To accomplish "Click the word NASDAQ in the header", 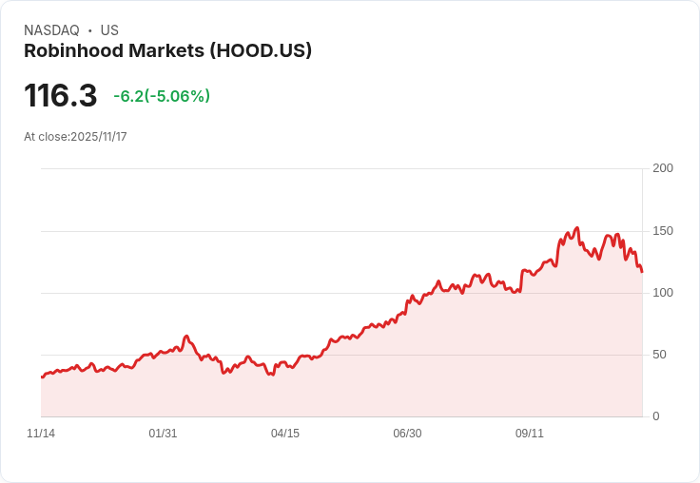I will click(51, 30).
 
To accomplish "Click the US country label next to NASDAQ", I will click(109, 30).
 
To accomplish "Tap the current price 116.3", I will click(60, 96).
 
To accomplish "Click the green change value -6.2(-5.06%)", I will click(162, 96).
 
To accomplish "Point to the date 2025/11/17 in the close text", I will click(99, 137).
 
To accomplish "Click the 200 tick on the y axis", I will click(663, 168).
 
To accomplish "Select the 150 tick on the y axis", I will click(663, 231).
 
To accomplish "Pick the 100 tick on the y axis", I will click(663, 293).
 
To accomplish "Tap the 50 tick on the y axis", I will click(659, 355).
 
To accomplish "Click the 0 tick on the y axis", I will click(656, 416).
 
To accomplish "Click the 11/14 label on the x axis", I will click(41, 434).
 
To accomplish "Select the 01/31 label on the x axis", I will click(163, 434).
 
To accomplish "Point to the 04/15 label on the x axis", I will click(285, 434).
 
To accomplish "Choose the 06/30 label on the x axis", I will click(407, 434).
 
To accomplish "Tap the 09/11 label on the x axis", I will click(530, 434).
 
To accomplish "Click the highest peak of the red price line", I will click(576, 228).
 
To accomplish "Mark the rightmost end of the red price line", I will click(642, 272).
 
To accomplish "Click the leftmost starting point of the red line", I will click(42, 377).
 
